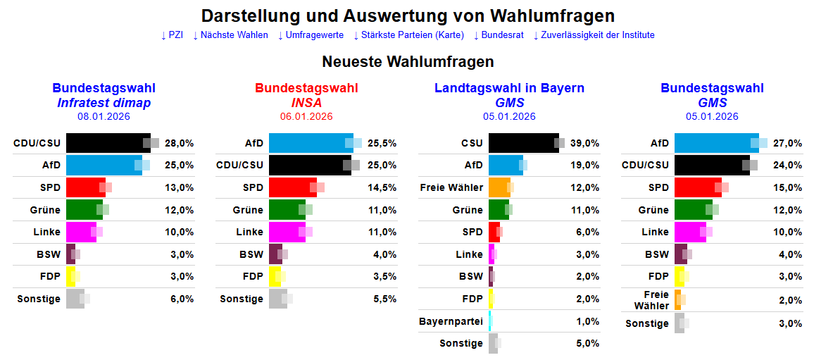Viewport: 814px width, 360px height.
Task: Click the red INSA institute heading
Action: point(306,103)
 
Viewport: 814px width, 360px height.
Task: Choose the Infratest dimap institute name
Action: point(104,103)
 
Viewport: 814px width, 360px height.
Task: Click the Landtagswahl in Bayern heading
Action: point(509,88)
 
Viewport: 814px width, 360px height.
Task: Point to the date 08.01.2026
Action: point(104,117)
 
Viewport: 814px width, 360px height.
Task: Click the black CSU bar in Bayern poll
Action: point(522,143)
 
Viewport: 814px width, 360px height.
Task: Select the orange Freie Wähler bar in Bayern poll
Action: point(499,187)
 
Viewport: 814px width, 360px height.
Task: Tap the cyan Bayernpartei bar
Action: point(490,321)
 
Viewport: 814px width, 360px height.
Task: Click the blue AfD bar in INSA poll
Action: point(310,143)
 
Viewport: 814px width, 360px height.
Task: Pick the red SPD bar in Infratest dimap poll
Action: point(85,187)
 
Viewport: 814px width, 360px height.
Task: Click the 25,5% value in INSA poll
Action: point(383,143)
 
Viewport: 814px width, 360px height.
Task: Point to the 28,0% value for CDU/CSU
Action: point(180,143)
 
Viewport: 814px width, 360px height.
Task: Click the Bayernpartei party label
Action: point(451,321)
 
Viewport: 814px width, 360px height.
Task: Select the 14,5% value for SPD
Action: point(383,187)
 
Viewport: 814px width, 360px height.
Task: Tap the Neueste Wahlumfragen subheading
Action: point(408,62)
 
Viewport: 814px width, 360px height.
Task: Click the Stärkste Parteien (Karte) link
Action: point(408,35)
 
